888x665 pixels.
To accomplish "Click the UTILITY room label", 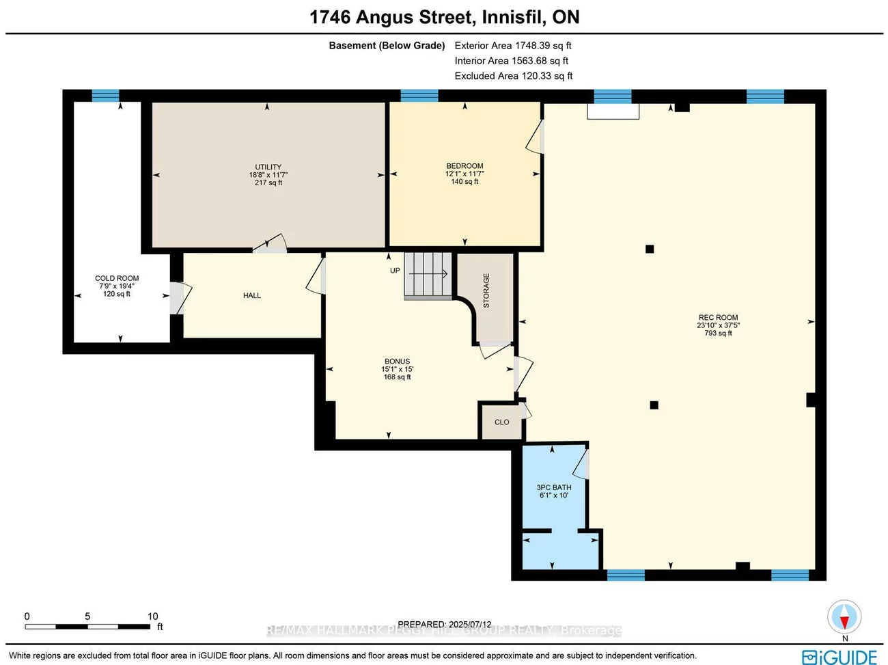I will pos(268,167).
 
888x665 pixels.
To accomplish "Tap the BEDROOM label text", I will pos(464,166).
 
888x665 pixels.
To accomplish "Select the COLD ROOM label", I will pos(117,279).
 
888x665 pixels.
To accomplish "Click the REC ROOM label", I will pos(718,318).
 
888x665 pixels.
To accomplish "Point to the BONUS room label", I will pos(397,362).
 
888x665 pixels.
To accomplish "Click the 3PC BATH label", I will pos(554,488).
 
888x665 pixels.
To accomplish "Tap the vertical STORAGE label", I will pos(486,290).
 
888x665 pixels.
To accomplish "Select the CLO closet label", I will pos(501,422).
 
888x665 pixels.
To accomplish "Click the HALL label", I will pos(252,296).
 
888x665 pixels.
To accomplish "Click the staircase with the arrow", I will pos(428,275).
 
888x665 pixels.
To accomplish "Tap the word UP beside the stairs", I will pos(395,271).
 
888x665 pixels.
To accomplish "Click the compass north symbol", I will pos(845,618).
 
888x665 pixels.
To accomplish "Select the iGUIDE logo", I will pos(840,656).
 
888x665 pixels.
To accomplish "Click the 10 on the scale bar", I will pos(153,616).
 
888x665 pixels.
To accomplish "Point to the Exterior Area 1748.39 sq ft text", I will pos(513,46).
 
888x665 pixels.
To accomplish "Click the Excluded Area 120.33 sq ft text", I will pos(514,76).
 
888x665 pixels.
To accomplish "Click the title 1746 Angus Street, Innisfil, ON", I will pos(445,17).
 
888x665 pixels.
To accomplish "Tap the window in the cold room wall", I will pos(106,96).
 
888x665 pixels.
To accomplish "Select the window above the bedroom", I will pos(419,96).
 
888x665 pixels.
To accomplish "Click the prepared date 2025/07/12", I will pos(469,624).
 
